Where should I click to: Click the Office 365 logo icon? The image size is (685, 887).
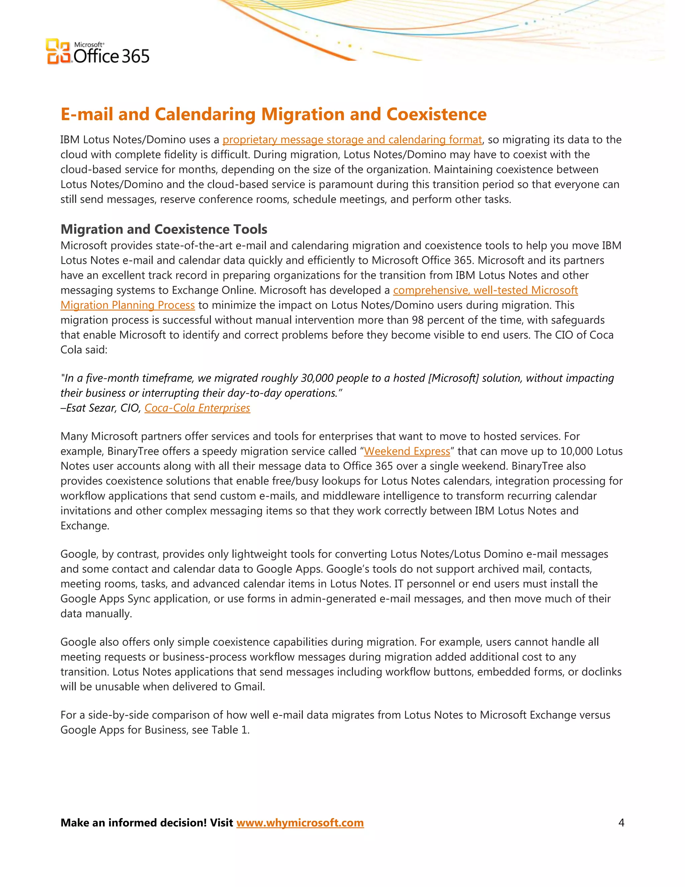point(58,52)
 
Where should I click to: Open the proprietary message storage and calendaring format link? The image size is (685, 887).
point(352,140)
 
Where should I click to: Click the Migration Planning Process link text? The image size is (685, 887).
point(127,305)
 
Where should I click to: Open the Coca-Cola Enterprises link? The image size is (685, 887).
point(197,408)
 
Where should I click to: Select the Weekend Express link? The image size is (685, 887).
point(407,451)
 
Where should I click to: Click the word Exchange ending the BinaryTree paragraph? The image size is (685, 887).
point(84,526)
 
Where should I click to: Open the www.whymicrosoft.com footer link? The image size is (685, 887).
point(300,822)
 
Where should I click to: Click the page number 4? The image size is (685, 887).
point(621,822)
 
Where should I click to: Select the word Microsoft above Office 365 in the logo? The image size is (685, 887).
point(89,45)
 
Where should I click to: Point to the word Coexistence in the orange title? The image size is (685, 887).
point(436,114)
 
